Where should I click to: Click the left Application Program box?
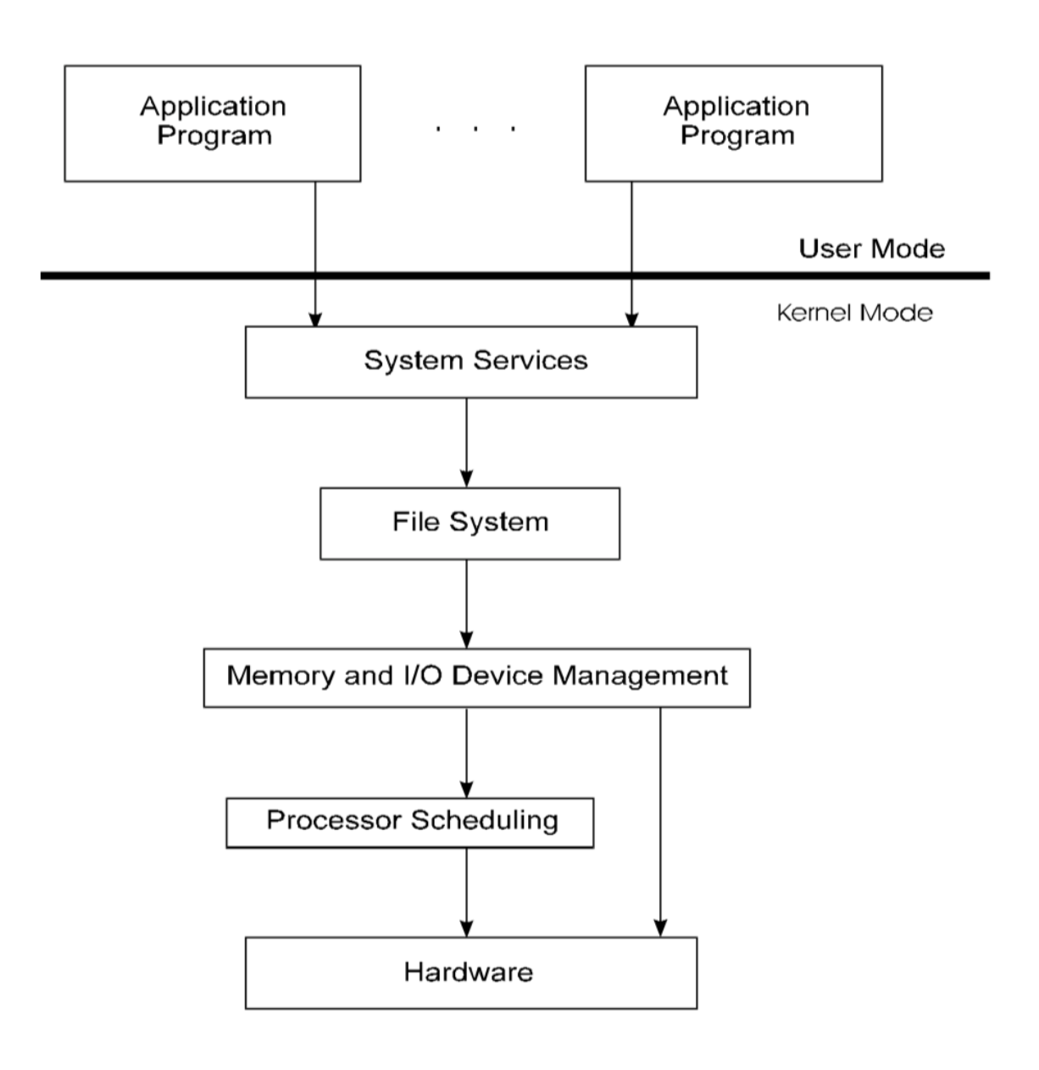pyautogui.click(x=213, y=123)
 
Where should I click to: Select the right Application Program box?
pyautogui.click(x=734, y=123)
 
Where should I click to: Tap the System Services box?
pyautogui.click(x=471, y=362)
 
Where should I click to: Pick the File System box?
pyautogui.click(x=469, y=522)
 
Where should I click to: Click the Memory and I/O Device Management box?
pyautogui.click(x=476, y=677)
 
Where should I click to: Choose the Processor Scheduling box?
pyautogui.click(x=409, y=822)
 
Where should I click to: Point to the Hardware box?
pyautogui.click(x=471, y=972)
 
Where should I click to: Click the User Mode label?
pyautogui.click(x=871, y=249)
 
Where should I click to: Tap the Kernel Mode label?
pyautogui.click(x=854, y=313)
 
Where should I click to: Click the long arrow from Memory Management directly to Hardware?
pyautogui.click(x=660, y=822)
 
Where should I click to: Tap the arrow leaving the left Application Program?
pyautogui.click(x=315, y=229)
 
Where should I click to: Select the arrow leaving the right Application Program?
pyautogui.click(x=631, y=229)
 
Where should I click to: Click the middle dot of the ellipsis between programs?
pyautogui.click(x=475, y=129)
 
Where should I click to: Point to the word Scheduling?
pyautogui.click(x=485, y=821)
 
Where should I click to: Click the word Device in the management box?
pyautogui.click(x=502, y=676)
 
